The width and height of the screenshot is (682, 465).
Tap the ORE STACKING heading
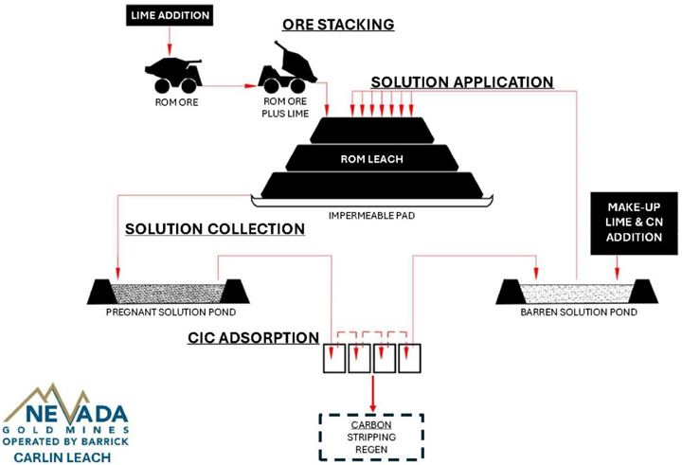[x=336, y=23]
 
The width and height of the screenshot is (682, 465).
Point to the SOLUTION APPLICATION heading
[x=461, y=82]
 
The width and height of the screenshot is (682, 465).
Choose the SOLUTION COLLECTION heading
[x=215, y=229]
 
